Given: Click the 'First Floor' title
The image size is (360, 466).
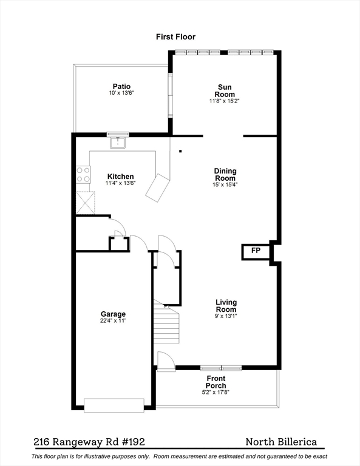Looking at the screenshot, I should click(176, 37).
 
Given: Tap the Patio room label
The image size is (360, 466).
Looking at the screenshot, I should click(121, 87).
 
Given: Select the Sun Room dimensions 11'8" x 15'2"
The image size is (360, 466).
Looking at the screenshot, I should click(224, 101).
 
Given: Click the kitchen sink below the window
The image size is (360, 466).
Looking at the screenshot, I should click(118, 143).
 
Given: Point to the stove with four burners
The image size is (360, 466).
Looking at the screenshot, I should click(83, 175).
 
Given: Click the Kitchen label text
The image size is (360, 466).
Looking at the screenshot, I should click(120, 177).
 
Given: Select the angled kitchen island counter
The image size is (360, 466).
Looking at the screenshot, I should click(158, 187).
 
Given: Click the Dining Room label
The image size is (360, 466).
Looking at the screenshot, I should click(225, 175).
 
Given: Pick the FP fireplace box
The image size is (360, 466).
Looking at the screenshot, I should click(256, 251).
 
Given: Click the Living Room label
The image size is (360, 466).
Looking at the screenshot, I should click(226, 306).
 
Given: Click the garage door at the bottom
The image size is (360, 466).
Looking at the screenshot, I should click(114, 405).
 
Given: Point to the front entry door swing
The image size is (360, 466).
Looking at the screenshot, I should click(165, 359).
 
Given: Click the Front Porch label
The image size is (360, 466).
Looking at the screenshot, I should click(216, 382).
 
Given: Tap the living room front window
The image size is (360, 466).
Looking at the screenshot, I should click(221, 368).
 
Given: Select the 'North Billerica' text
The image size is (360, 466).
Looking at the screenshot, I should click(281, 442).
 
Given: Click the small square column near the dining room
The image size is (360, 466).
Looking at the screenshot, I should click(180, 151).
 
